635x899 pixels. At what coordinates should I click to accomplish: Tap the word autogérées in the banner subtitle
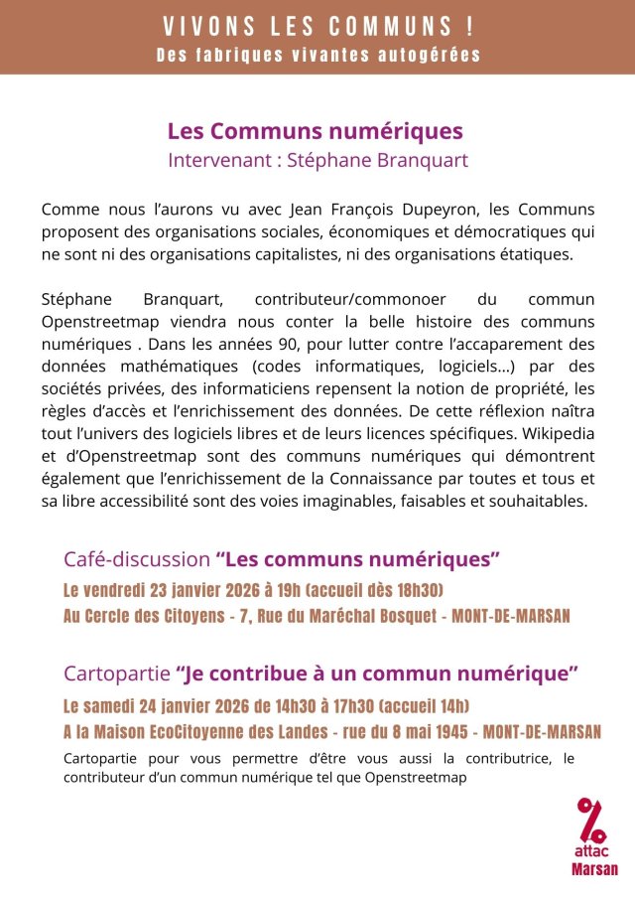pyautogui.click(x=433, y=54)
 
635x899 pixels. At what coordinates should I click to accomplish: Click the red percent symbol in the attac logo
pyautogui.click(x=592, y=818)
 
